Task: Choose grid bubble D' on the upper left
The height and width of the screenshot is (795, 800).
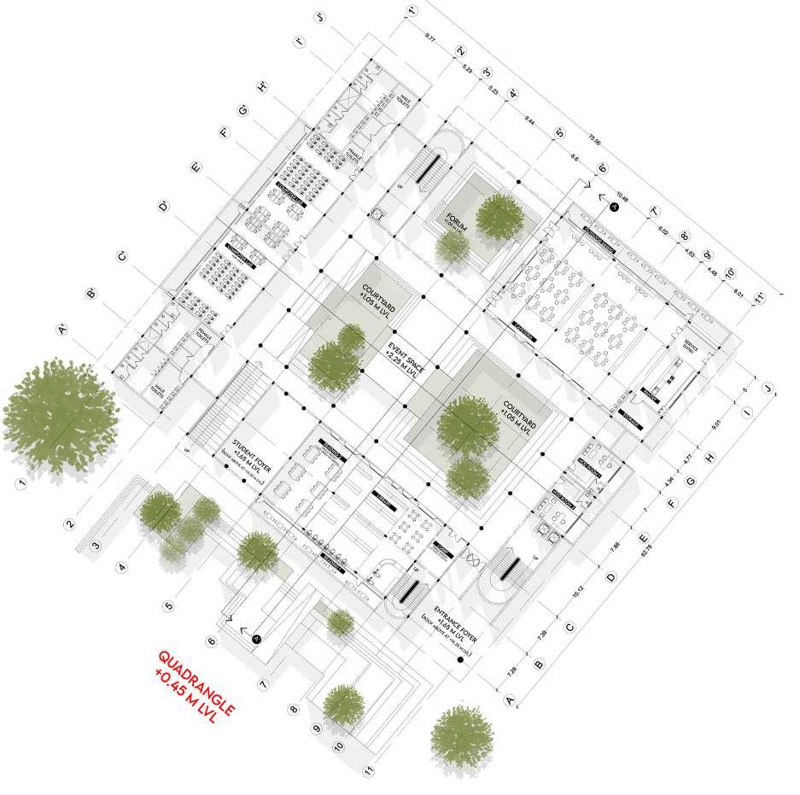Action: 162,206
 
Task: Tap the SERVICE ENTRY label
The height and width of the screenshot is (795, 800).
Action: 690,349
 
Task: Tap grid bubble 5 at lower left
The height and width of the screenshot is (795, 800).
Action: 168,608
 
